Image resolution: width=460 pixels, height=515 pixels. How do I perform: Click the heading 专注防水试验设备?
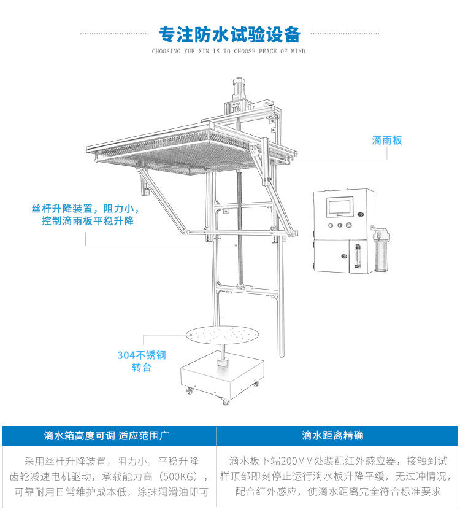coord(229,33)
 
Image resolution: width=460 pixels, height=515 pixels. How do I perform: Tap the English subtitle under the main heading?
coord(229,52)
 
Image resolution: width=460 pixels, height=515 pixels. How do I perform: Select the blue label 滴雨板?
coord(387,141)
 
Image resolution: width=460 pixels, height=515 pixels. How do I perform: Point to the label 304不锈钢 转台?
coord(142,361)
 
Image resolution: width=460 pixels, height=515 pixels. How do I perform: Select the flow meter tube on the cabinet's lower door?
coord(353,258)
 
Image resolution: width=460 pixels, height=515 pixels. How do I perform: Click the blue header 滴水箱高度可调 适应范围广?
coord(107,436)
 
